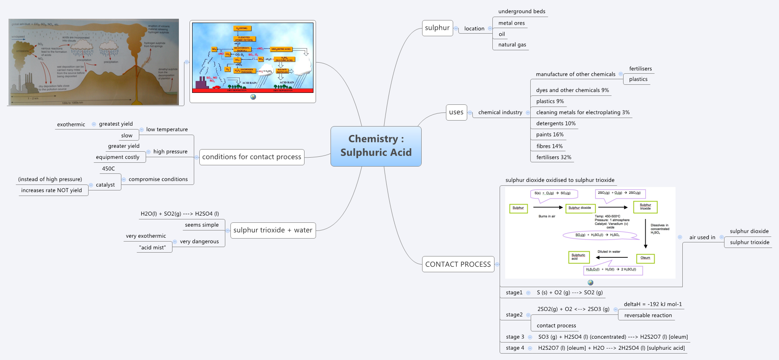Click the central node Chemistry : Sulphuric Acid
click(x=376, y=146)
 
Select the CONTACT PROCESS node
click(x=458, y=264)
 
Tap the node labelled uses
click(x=456, y=112)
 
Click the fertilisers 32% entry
click(x=553, y=157)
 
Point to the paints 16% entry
click(x=549, y=135)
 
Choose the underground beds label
click(x=521, y=12)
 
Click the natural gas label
click(x=512, y=45)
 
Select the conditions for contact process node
click(x=251, y=157)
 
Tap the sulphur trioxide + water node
click(x=273, y=230)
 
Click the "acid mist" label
click(x=152, y=248)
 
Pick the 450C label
click(x=108, y=169)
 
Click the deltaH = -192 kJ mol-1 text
click(x=653, y=304)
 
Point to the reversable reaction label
click(x=648, y=315)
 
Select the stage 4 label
click(x=515, y=348)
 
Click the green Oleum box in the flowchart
click(x=645, y=258)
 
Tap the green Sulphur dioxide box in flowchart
click(x=579, y=208)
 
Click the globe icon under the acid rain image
click(x=253, y=97)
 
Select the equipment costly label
click(x=118, y=157)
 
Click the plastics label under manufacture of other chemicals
click(x=638, y=79)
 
